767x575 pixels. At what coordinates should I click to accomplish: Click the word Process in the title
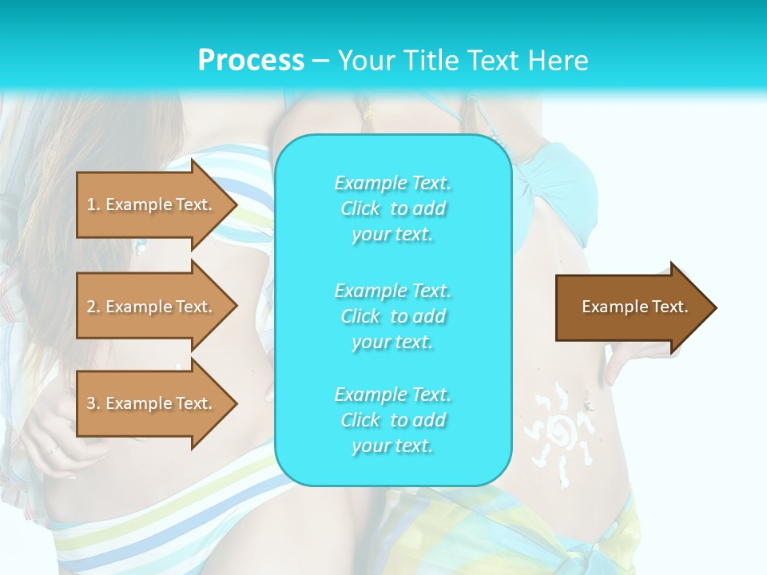(251, 61)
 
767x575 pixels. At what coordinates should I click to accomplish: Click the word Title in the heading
(430, 61)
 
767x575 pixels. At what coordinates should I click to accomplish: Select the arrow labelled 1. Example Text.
(152, 205)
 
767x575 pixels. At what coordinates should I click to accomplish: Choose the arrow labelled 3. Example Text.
(152, 404)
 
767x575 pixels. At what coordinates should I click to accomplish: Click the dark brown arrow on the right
(631, 307)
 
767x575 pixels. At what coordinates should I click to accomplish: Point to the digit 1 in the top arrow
(90, 205)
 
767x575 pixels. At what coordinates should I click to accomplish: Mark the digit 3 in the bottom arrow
(91, 404)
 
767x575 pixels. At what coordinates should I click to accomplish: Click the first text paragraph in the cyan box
(392, 208)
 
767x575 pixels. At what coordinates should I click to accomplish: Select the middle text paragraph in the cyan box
(392, 316)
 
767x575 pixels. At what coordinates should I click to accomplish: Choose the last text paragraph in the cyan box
(392, 420)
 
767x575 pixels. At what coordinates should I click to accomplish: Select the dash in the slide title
(321, 61)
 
